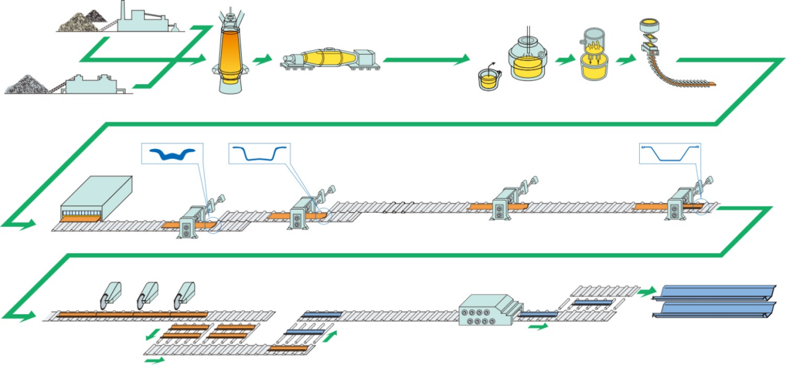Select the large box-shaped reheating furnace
(x=96, y=198)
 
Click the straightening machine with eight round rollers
(x=486, y=309)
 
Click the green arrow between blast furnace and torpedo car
(x=263, y=59)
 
